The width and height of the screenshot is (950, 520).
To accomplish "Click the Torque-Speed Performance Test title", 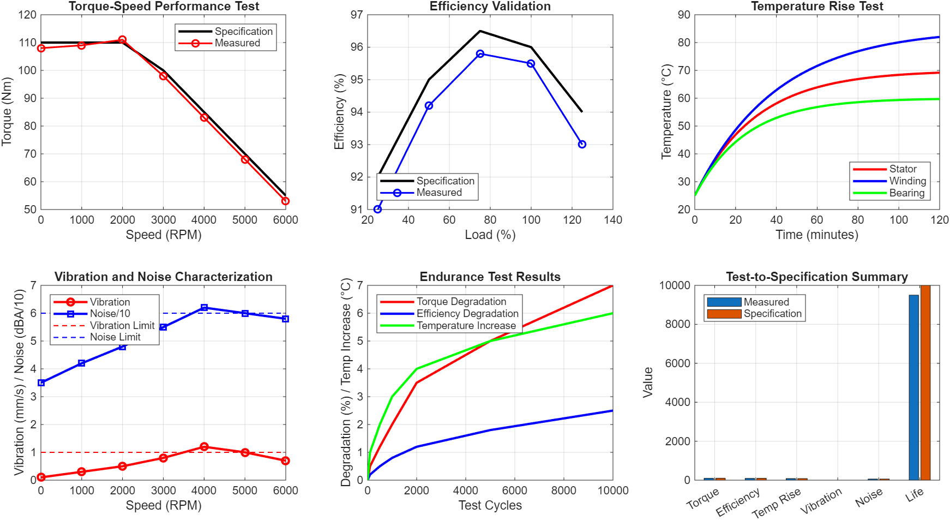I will (x=164, y=7).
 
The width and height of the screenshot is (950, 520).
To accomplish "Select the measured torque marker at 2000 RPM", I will (x=122, y=40).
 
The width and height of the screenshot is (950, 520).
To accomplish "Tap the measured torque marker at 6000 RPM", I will (x=285, y=201).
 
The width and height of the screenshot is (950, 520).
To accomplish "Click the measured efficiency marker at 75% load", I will (x=480, y=54).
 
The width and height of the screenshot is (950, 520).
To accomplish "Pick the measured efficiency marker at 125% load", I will (x=582, y=145).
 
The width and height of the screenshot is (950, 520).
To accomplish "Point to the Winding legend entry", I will (x=907, y=181).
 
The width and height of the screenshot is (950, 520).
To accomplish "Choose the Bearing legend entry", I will (x=906, y=193).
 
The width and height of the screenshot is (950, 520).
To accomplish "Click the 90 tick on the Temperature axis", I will (x=684, y=15).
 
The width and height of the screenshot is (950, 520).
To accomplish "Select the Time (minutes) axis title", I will (x=816, y=235).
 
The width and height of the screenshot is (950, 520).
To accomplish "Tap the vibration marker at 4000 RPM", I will (x=204, y=447).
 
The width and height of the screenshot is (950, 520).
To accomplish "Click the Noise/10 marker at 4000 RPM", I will (x=204, y=308).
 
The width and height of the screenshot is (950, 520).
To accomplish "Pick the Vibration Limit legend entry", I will (x=122, y=326).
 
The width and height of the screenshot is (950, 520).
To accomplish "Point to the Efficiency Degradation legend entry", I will (x=467, y=314).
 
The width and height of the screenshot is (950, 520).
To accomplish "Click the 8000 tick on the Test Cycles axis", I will (x=563, y=491).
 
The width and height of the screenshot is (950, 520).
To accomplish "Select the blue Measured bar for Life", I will (x=913, y=387).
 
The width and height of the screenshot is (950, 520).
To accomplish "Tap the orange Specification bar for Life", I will (x=925, y=382).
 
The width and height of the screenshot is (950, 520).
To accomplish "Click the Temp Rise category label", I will (x=776, y=503).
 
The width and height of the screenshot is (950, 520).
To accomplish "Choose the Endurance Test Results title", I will (x=490, y=277).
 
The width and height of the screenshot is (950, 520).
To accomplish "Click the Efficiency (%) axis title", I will (x=339, y=112).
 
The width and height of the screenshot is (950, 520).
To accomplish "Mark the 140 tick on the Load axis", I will (x=613, y=220).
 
